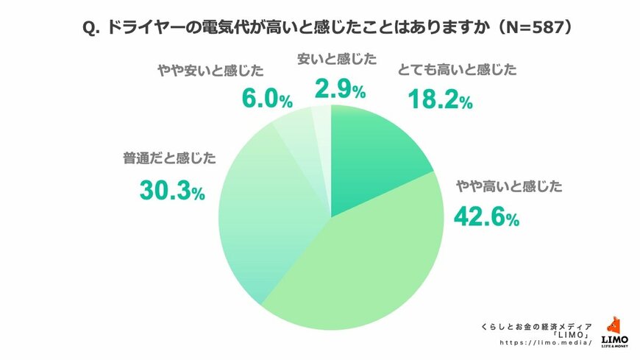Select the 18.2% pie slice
tap(375, 155)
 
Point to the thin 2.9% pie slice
tap(321, 121)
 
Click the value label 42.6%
tap(486, 217)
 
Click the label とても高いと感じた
tap(457, 71)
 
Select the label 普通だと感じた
tap(171, 158)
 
